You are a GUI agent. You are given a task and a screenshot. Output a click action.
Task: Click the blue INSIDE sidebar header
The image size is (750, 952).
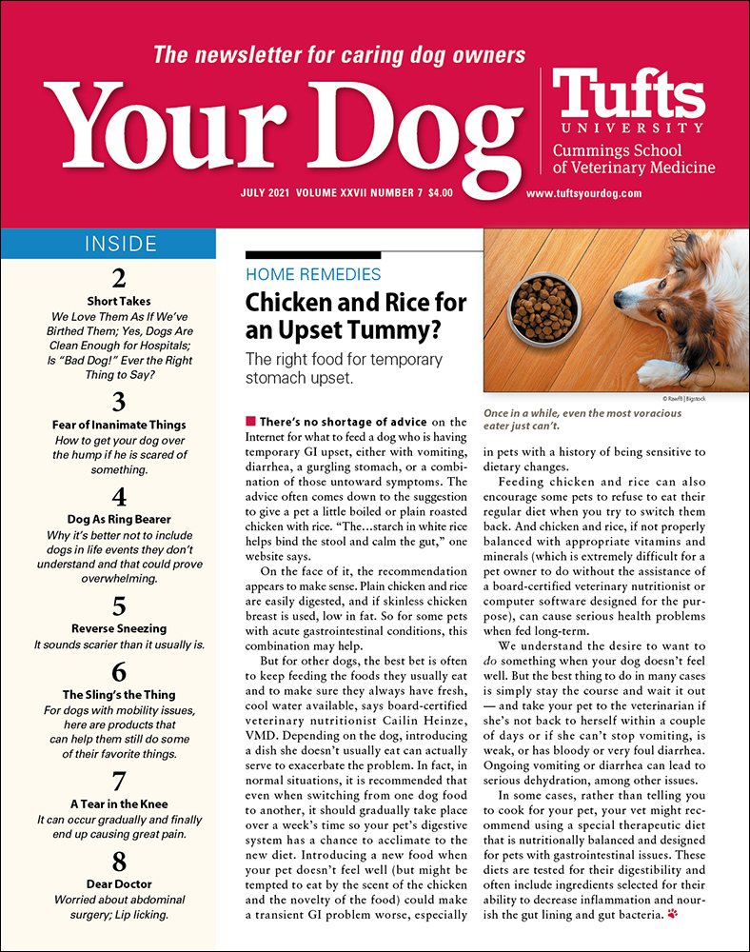[108, 243]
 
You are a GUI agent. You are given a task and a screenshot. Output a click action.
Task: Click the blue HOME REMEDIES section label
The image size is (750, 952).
[313, 274]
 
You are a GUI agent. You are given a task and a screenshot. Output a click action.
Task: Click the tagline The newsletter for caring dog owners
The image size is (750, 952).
[339, 54]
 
